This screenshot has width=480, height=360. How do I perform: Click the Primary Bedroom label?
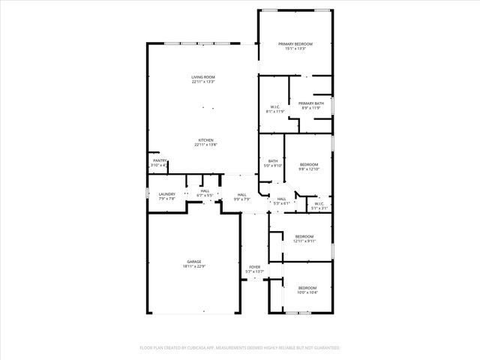[x=295, y=44]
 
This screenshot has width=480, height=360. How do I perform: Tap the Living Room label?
[x=203, y=77]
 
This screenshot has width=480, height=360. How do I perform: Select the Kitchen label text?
[x=206, y=140]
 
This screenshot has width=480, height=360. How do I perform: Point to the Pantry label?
[x=160, y=160]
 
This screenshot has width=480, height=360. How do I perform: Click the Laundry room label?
[x=166, y=194]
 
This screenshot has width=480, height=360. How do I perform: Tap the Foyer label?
[x=255, y=267]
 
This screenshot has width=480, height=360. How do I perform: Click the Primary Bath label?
[x=311, y=103]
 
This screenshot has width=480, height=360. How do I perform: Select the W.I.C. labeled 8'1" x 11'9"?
[x=274, y=107]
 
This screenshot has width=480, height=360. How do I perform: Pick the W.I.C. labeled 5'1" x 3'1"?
[x=319, y=203]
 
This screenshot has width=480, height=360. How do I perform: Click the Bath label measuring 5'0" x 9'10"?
[x=273, y=161]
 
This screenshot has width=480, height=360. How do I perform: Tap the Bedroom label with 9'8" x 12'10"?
[x=309, y=164]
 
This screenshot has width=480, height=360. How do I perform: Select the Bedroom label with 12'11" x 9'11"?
[x=304, y=236]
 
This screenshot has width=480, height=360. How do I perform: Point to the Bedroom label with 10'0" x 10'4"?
[x=307, y=288]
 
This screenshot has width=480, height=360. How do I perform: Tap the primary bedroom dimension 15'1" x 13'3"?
[x=295, y=49]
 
